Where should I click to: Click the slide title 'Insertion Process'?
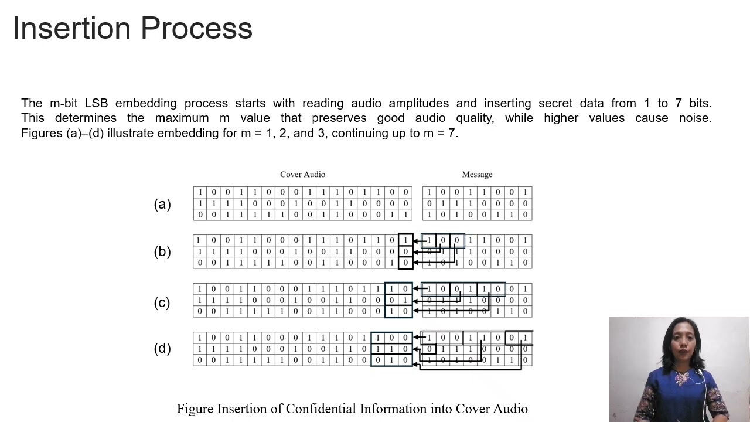[x=132, y=28]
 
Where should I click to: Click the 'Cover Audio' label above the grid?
[x=302, y=175]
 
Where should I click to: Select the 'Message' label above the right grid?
[x=477, y=175]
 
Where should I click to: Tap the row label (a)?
[x=162, y=204]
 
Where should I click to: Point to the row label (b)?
[x=162, y=251]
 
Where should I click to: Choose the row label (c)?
[x=162, y=302]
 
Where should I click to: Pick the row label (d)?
[x=162, y=348]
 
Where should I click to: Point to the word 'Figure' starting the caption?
[x=195, y=409]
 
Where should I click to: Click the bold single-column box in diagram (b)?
[x=405, y=251]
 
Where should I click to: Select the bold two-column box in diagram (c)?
[x=398, y=300]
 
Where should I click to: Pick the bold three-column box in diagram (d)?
[x=391, y=349]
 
